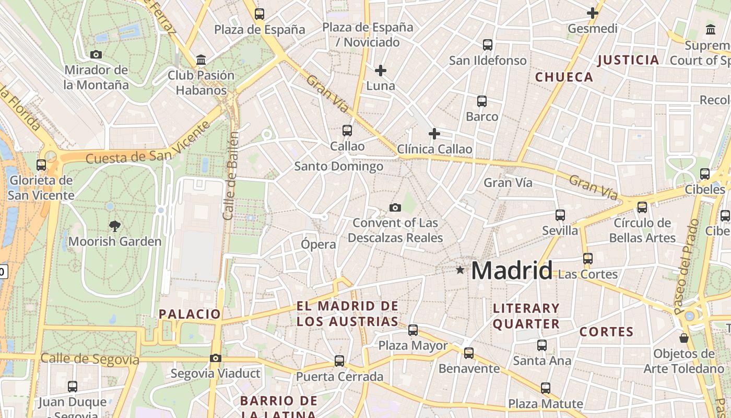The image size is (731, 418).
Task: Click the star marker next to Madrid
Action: tap(460, 270)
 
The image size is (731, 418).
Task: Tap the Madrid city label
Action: tap(511, 271)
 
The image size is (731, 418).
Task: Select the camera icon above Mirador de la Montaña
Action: tap(96, 54)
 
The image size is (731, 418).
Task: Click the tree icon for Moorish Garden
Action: tap(115, 226)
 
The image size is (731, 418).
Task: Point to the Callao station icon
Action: tap(347, 130)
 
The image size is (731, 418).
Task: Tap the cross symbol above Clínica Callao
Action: tap(434, 134)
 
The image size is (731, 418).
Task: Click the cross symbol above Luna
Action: tap(381, 70)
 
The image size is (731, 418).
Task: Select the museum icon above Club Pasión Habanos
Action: tap(201, 60)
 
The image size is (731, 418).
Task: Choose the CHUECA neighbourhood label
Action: tap(564, 77)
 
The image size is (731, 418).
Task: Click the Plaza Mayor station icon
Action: tap(413, 330)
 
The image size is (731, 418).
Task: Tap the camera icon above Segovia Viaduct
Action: tap(215, 358)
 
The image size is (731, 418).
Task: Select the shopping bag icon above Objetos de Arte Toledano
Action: tap(684, 338)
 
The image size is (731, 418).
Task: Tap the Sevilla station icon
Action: tap(560, 215)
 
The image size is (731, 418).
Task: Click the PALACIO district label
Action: tap(190, 314)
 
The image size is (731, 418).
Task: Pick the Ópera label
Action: tap(319, 244)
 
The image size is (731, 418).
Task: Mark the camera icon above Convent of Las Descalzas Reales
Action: tap(395, 207)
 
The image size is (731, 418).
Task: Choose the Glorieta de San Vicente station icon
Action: tap(41, 165)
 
